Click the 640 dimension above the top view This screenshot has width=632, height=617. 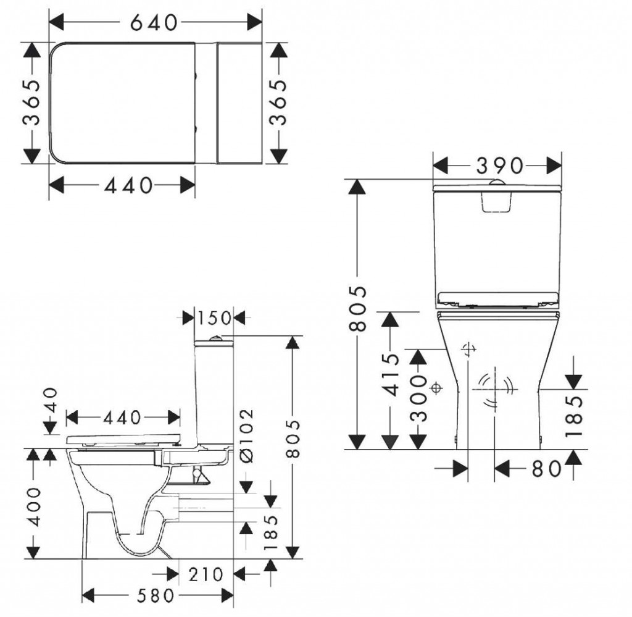(154, 23)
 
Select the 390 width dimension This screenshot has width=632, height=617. (500, 166)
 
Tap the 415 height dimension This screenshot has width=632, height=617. (391, 375)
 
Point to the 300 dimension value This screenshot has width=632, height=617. (418, 398)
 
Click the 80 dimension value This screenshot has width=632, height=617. (547, 469)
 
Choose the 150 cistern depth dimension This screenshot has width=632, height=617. (214, 318)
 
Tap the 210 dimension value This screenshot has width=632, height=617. (206, 574)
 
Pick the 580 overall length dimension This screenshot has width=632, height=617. (156, 595)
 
